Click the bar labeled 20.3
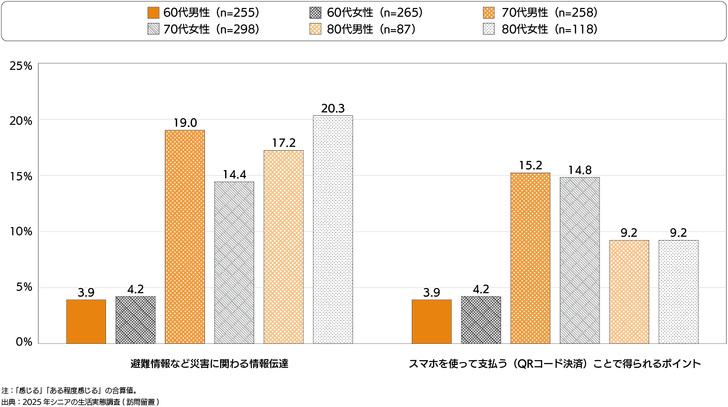coord(333,230)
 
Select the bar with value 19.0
coord(185,237)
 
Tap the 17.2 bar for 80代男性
coord(284,247)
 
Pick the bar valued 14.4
coord(234,263)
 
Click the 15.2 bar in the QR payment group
coord(530,258)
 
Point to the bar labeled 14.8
coord(579,260)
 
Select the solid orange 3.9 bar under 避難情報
coord(86,321)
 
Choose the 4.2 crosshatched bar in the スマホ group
coord(481,320)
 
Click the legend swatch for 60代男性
coord(154,13)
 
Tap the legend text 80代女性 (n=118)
coord(549,30)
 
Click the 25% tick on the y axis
coord(21,66)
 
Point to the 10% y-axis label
coord(21,232)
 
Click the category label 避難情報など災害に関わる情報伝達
coord(209,364)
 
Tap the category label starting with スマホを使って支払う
coord(555,364)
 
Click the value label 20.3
coord(333,109)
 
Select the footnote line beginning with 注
coord(70,391)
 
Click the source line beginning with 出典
coord(80,402)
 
